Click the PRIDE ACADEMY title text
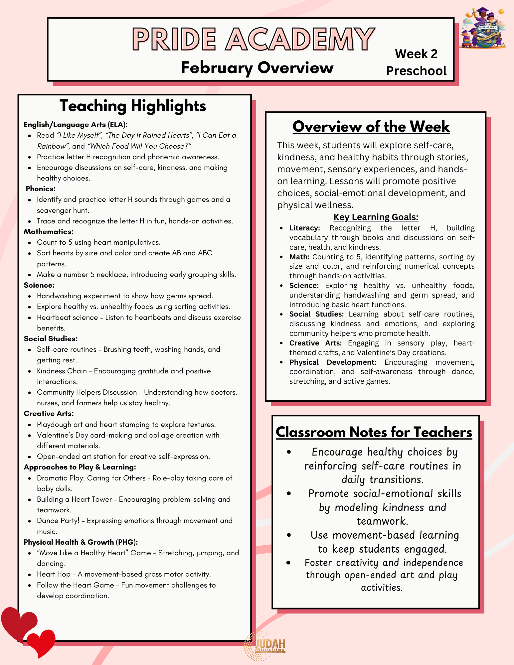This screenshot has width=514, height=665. (254, 39)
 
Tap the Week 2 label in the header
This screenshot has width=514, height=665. (416, 54)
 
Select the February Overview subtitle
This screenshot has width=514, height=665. (257, 68)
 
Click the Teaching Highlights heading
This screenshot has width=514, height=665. (133, 106)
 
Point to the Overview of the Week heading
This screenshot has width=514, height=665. (371, 127)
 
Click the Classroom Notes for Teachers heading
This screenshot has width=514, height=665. (374, 432)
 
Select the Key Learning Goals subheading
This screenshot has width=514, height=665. (376, 217)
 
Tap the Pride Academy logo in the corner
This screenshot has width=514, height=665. (483, 28)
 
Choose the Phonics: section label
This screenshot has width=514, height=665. (41, 189)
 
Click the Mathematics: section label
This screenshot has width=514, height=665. (49, 232)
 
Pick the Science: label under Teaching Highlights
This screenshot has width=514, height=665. (39, 285)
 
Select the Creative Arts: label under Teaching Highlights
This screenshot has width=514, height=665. (49, 414)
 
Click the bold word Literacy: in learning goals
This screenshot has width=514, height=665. (304, 228)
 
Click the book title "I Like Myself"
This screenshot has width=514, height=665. (80, 135)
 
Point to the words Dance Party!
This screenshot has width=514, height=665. (58, 521)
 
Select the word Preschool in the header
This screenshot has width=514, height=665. (416, 71)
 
